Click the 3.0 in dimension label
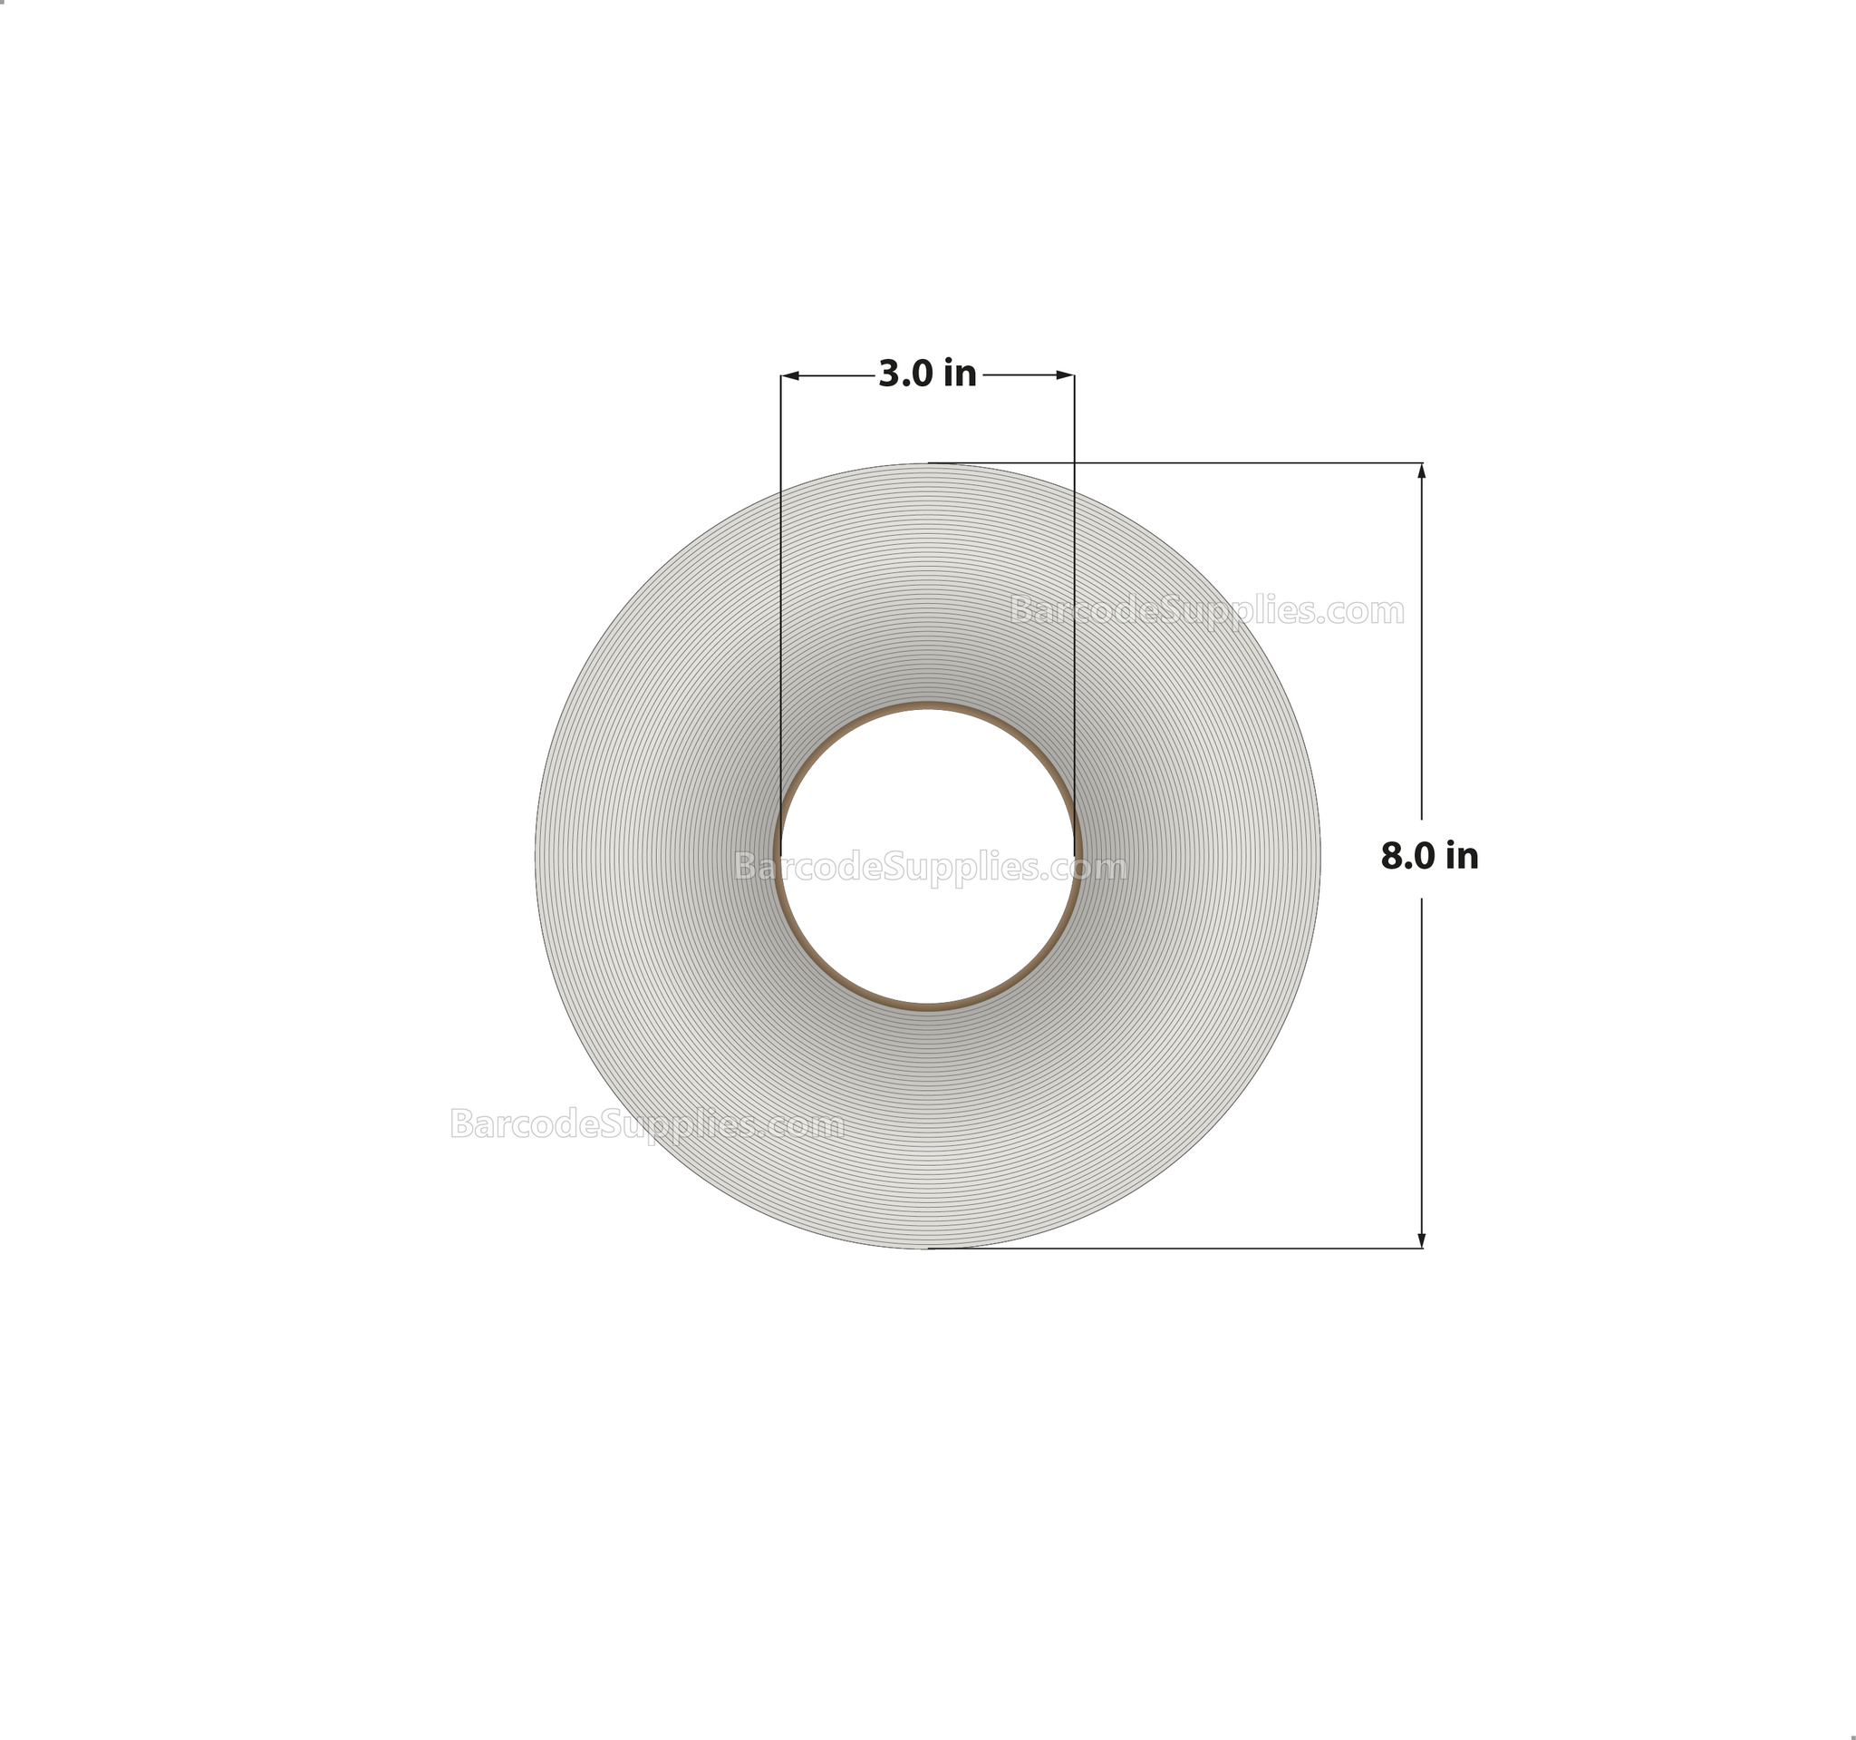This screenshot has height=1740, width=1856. tap(927, 374)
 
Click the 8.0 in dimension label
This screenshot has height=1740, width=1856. tap(1428, 856)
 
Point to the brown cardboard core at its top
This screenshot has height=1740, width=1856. tap(927, 706)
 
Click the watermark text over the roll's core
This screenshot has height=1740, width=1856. tap(930, 868)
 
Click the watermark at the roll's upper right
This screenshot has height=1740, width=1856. tap(1206, 612)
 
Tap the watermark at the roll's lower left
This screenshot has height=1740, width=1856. tap(646, 1124)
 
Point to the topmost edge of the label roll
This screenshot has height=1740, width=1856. tap(927, 464)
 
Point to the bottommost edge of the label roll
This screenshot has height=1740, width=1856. tap(927, 1247)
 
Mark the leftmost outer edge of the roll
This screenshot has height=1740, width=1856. tap(536, 856)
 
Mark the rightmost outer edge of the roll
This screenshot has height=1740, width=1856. tap(1319, 856)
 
